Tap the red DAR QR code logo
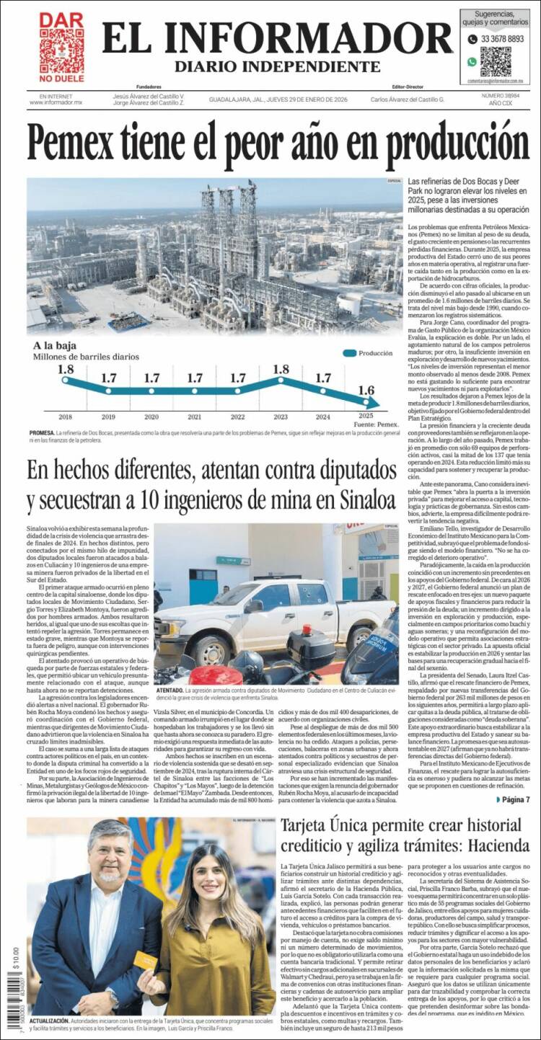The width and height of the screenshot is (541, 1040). coord(61,47)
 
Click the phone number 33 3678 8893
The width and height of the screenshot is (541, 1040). coord(502,39)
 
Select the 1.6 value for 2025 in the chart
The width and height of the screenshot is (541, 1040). coord(366,391)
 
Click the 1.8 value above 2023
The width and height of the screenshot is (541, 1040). coord(281,370)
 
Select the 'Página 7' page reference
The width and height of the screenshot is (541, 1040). coord(515,799)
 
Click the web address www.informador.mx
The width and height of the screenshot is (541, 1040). coord(56,102)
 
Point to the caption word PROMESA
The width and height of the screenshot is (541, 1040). coord(42,433)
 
